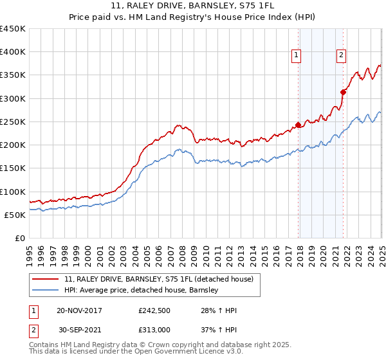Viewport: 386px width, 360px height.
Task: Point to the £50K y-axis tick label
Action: pos(15,215)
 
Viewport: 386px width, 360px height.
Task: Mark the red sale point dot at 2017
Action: pos(298,125)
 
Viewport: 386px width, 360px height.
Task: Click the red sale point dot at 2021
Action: pos(343,92)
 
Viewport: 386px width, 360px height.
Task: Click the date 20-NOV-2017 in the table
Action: pos(80,310)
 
